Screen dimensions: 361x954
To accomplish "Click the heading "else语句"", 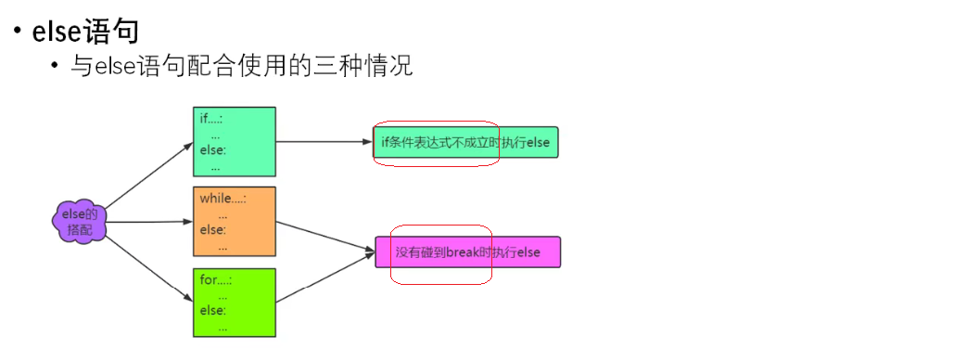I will (x=85, y=32).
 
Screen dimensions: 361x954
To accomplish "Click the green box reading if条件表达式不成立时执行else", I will (x=465, y=143).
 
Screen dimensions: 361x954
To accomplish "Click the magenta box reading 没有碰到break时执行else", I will (x=467, y=252).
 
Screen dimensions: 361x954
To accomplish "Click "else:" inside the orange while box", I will (x=212, y=230).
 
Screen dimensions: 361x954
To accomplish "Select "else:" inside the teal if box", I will (x=212, y=150).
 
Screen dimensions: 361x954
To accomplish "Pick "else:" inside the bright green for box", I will (x=212, y=311).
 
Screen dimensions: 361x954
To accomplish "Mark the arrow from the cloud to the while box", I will (x=148, y=222).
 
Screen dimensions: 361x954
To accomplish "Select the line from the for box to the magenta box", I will (x=324, y=277).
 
